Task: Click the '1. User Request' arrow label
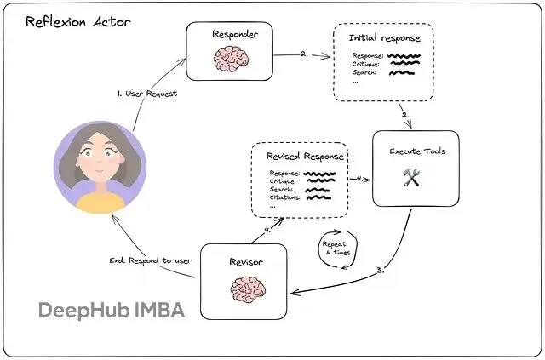pos(146,93)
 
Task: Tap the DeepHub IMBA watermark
pos(111,311)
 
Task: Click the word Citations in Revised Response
pos(284,197)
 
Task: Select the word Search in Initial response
pos(365,74)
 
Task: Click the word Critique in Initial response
pos(367,65)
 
